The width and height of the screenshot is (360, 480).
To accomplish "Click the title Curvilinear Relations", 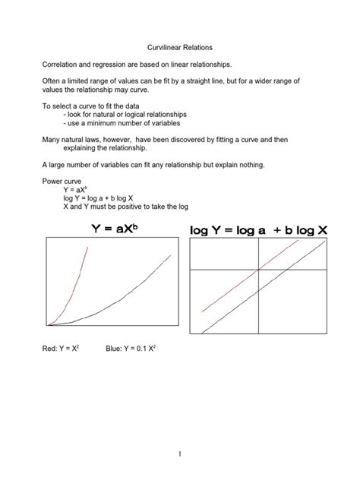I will click(x=180, y=47).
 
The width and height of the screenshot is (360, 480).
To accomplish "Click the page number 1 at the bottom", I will click(x=180, y=455).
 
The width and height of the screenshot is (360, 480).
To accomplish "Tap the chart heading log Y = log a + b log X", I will click(x=258, y=229).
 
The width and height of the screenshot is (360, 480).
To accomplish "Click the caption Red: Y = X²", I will click(x=63, y=349).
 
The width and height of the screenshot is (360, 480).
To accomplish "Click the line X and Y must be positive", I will click(x=125, y=207).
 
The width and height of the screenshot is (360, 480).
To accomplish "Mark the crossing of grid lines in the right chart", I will click(x=258, y=270).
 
